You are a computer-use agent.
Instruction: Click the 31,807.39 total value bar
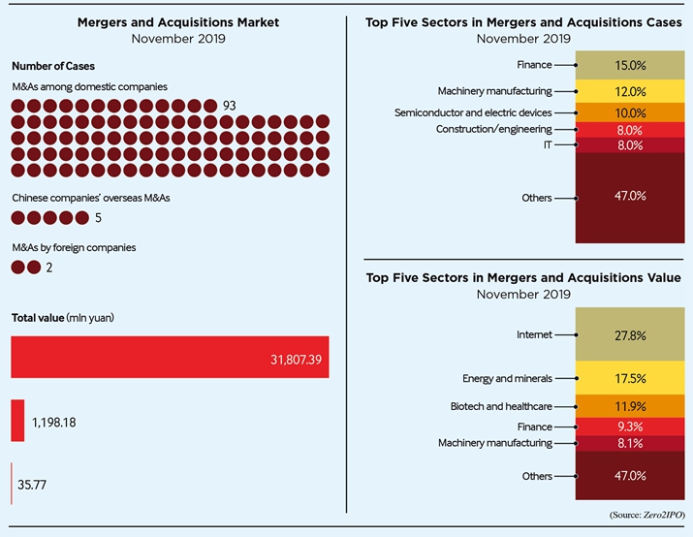coord(170,357)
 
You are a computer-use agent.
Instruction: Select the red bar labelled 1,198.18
coord(17,422)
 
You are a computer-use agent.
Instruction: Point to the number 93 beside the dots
coord(230,105)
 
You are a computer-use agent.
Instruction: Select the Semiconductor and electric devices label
coord(487,112)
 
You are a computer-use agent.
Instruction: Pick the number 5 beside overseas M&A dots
coord(99,218)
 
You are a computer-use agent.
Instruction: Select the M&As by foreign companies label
coord(74,247)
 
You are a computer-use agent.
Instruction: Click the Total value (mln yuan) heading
coord(64,317)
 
